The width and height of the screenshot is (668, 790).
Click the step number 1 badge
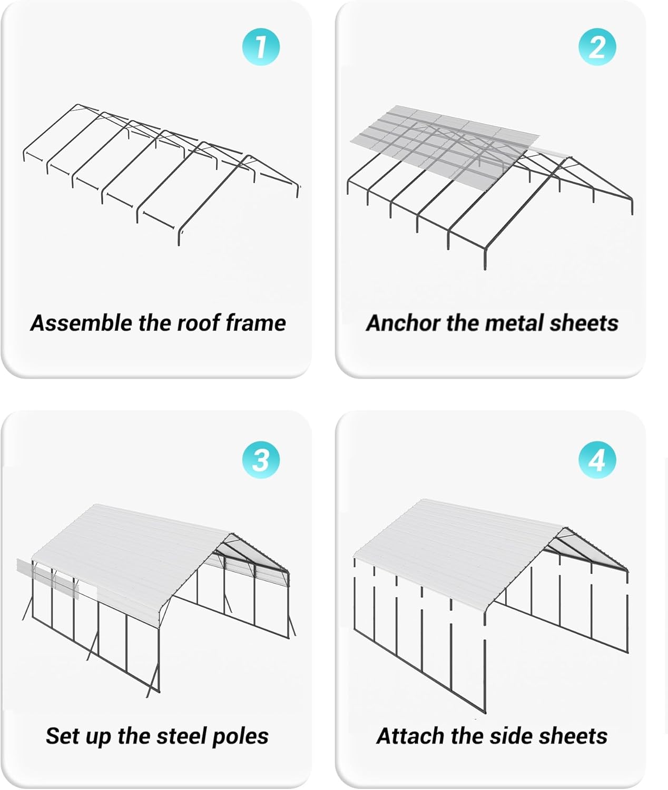tap(260, 47)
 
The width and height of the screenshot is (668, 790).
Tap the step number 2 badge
tap(597, 47)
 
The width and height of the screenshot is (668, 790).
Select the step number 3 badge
tap(260, 460)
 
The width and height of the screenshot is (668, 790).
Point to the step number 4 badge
tap(597, 460)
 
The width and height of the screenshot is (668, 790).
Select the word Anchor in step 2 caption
tap(402, 323)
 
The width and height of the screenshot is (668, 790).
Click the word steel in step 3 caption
tap(179, 736)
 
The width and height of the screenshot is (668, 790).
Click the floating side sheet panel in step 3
tap(47, 579)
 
